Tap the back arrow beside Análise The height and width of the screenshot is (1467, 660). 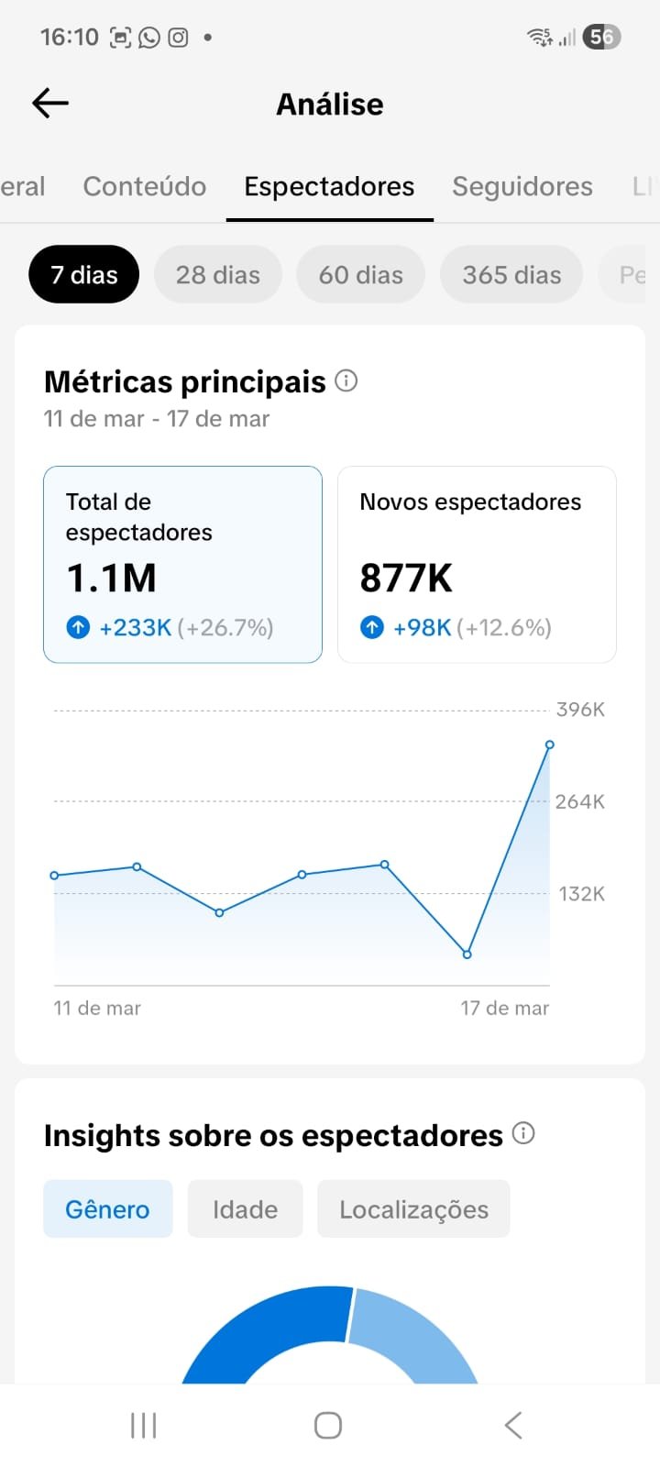coord(50,104)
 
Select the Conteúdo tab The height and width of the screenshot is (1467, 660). coord(145,186)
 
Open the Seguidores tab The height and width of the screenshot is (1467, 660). coord(522,186)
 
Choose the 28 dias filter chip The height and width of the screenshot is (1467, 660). coord(218,275)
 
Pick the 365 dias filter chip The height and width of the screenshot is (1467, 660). coord(511,275)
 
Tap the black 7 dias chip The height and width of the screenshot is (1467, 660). coord(84,275)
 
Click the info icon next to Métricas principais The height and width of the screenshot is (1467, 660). coord(346,381)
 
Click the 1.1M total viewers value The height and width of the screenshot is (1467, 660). coord(112,579)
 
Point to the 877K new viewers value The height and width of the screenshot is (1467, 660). coord(406,579)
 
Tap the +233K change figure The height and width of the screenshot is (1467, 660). coord(136,628)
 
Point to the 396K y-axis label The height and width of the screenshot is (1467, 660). coord(580,710)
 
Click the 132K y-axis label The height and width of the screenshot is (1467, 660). coord(581,894)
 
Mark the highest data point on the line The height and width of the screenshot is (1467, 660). coord(550,745)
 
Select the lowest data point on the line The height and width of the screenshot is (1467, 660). coord(467,954)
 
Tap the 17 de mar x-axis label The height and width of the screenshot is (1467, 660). coord(504,1009)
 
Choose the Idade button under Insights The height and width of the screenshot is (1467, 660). coord(245,1209)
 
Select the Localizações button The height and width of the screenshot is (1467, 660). coord(413,1209)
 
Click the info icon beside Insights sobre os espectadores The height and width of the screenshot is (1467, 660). coord(523,1133)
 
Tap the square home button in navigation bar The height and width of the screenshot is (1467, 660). coord(328,1426)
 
